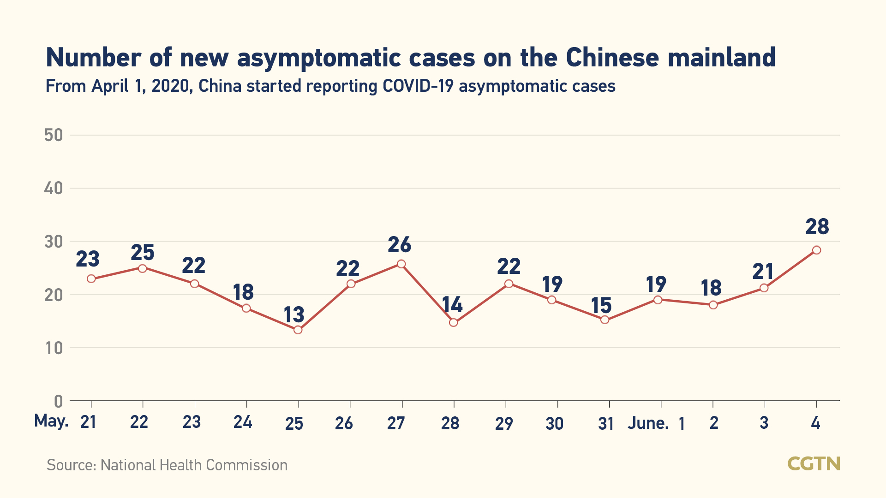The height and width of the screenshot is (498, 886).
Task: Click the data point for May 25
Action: tap(298, 330)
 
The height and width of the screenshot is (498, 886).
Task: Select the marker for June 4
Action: tap(816, 250)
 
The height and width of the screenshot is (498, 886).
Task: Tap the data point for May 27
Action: tap(401, 264)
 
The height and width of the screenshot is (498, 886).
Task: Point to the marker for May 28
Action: tap(454, 322)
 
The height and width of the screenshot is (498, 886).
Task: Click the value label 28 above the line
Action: tap(817, 227)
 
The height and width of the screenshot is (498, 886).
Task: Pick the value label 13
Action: tap(294, 315)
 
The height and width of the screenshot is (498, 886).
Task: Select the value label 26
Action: tap(399, 245)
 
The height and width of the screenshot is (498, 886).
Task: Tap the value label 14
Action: tap(452, 305)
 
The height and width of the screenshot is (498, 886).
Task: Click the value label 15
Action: tap(601, 306)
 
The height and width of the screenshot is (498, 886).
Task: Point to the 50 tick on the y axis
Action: tap(54, 135)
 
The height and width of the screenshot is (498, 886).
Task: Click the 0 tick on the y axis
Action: tap(58, 401)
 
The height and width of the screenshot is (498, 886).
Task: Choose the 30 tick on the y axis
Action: tap(54, 242)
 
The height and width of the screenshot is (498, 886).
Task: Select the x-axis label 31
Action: tap(606, 423)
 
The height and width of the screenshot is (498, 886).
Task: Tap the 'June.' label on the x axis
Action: tap(648, 423)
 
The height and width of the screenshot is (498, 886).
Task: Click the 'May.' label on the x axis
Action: tap(51, 421)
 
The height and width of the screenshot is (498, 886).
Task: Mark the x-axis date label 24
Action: tap(243, 422)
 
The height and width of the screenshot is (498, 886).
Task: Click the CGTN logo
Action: tap(814, 463)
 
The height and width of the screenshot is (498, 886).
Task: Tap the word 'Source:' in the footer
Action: tap(72, 465)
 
